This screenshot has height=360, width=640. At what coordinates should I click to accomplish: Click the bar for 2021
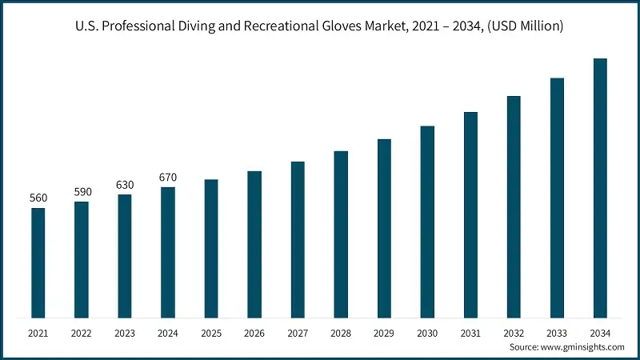(x=38, y=262)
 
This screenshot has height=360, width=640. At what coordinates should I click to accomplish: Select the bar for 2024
(x=168, y=252)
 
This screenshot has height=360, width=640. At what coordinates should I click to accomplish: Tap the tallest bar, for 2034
(x=600, y=188)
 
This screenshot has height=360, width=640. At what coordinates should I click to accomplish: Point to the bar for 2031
(x=470, y=214)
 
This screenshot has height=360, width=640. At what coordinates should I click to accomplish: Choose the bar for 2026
(x=254, y=244)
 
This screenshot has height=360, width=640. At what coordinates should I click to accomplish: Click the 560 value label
(x=38, y=198)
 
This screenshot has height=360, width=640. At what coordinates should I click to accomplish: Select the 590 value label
(x=82, y=192)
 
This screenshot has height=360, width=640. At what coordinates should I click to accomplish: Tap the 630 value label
(x=125, y=185)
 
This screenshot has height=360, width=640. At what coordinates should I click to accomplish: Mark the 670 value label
(x=168, y=178)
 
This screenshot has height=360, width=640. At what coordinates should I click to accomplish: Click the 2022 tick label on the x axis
(x=82, y=332)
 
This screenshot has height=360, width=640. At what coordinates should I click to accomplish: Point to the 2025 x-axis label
(x=211, y=332)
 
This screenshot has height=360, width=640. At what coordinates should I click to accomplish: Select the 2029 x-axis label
(x=384, y=332)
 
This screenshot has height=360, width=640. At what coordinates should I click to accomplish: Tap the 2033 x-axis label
(x=557, y=332)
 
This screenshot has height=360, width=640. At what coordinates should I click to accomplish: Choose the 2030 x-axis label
(x=427, y=332)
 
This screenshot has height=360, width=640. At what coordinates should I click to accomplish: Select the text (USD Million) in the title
(x=525, y=27)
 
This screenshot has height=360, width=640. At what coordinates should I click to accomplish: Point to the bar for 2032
(x=514, y=206)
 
